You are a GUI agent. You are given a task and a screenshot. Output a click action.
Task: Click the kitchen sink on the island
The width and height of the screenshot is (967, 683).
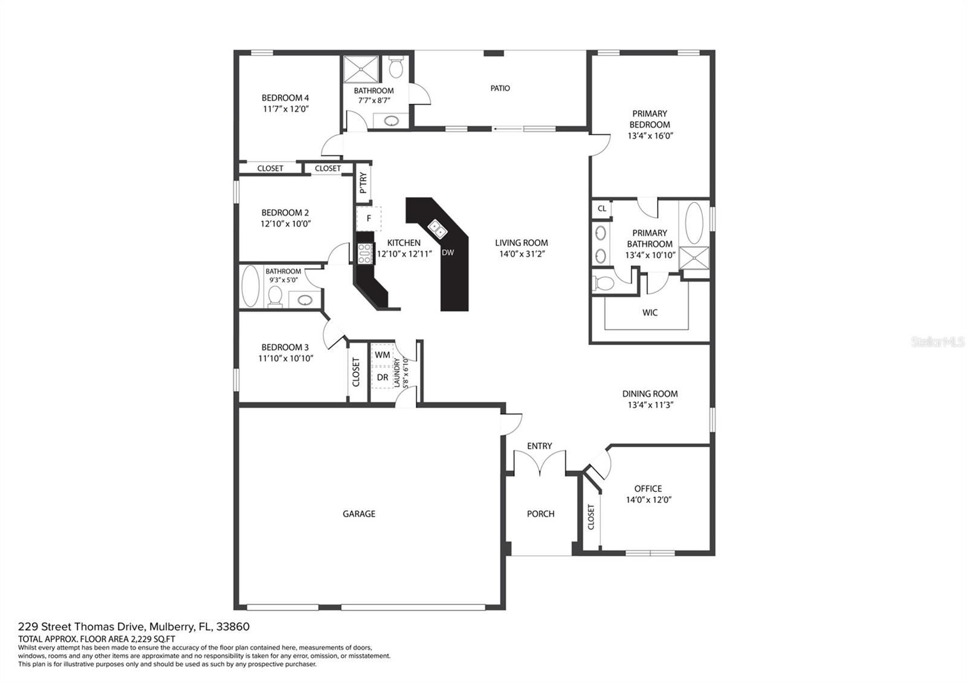click(438, 229)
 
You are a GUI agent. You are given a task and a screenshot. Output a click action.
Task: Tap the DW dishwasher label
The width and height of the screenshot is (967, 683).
click(448, 253)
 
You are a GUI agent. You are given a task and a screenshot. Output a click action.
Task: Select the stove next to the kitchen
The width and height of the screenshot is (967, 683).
click(364, 253)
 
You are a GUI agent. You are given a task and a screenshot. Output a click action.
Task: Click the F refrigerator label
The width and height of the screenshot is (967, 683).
click(369, 218)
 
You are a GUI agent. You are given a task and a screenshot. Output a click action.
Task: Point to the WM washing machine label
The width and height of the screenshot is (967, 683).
click(383, 355)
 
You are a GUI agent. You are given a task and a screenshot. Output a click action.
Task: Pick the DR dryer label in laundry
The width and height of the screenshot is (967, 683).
click(383, 377)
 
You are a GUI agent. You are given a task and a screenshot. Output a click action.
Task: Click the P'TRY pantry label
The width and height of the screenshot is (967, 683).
click(363, 183)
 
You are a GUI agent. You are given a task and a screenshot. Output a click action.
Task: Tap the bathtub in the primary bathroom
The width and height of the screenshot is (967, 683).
click(694, 223)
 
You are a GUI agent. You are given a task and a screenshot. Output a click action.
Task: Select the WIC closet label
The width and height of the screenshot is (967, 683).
click(650, 312)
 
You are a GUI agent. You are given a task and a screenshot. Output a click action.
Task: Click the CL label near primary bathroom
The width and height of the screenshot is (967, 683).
click(602, 209)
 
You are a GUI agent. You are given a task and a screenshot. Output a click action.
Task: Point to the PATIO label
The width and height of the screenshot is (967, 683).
click(500, 88)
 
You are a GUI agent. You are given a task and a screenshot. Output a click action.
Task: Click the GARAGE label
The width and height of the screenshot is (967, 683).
click(359, 514)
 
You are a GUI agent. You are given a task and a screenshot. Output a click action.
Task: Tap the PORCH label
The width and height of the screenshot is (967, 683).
click(540, 514)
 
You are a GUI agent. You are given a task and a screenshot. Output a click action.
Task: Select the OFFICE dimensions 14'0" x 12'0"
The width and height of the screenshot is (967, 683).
click(649, 499)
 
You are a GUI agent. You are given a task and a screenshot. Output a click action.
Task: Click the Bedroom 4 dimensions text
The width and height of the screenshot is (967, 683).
click(286, 109)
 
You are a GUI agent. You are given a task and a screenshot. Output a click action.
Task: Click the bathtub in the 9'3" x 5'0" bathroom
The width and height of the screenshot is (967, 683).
click(250, 286)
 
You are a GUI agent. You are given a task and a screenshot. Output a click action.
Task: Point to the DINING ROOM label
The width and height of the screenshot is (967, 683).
click(650, 393)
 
